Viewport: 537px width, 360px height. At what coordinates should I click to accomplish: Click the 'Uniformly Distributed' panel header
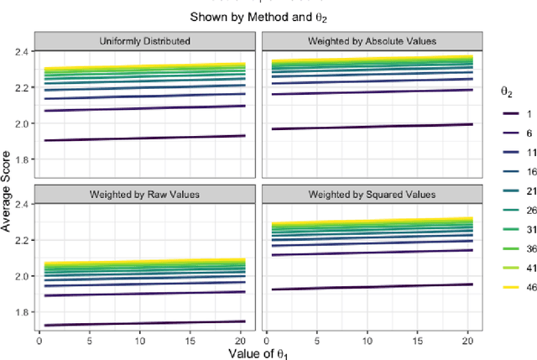(143, 39)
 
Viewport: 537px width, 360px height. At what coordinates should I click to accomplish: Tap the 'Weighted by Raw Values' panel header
(143, 194)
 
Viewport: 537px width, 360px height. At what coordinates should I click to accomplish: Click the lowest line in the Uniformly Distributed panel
(143, 138)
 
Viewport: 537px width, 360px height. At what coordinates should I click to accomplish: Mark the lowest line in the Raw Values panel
(143, 323)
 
